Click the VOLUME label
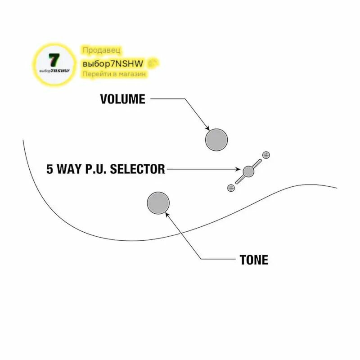coord(122,99)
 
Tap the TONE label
coord(254,260)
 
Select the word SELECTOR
coord(137,169)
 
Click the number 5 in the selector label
coord(49,169)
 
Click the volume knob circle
coord(216,140)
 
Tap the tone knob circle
coord(158,203)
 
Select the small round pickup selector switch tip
coord(248,171)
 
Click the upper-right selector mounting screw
coord(266,155)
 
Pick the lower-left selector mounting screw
coord(231,188)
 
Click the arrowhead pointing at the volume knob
coord(207,128)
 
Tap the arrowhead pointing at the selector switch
coord(238,169)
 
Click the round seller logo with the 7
coord(54,64)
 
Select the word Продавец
coord(102,50)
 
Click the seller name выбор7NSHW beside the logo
coord(113,63)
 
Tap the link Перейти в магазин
coord(114,74)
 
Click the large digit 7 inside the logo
coord(54,60)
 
